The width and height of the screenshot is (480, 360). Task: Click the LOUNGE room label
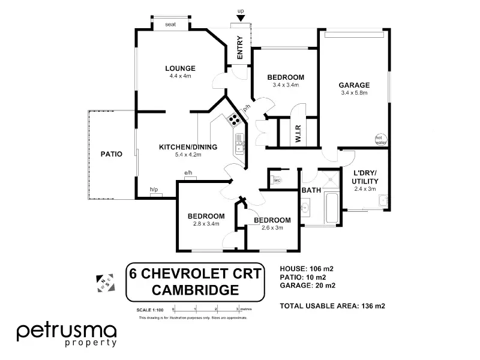pyautogui.click(x=180, y=68)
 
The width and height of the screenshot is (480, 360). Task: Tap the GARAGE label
pyautogui.click(x=355, y=85)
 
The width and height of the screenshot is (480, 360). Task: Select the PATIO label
pyautogui.click(x=112, y=154)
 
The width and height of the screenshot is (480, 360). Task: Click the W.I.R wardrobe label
pyautogui.click(x=298, y=132)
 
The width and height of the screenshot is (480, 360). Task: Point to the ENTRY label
pyautogui.click(x=240, y=48)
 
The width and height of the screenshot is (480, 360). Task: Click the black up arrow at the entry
pyautogui.click(x=241, y=19)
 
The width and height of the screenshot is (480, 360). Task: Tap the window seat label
pyautogui.click(x=170, y=25)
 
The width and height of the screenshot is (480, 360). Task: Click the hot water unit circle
pyautogui.click(x=380, y=139)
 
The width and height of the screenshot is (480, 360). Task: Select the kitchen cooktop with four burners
pyautogui.click(x=233, y=120)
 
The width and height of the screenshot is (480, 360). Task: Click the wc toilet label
pyautogui.click(x=277, y=180)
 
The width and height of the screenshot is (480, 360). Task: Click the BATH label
pyautogui.click(x=311, y=190)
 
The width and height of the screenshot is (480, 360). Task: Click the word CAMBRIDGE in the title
pyautogui.click(x=194, y=290)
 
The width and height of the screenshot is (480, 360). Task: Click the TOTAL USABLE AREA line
pyautogui.click(x=332, y=305)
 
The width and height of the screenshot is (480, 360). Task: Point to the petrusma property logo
pyautogui.click(x=67, y=334)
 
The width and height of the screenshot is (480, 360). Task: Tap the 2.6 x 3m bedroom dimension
pyautogui.click(x=272, y=227)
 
